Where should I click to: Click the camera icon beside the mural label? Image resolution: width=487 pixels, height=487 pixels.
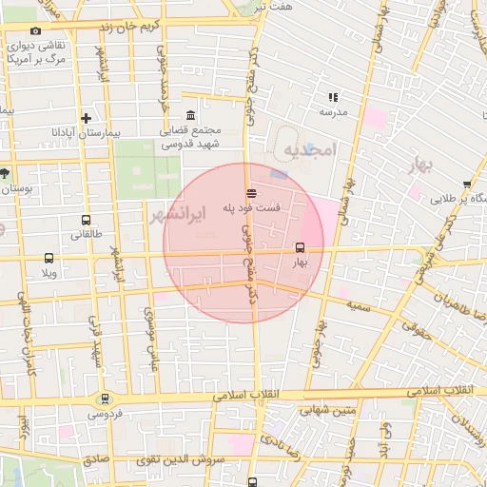click(x=36, y=31)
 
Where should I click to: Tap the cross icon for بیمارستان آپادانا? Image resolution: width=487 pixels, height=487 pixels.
click(x=87, y=119)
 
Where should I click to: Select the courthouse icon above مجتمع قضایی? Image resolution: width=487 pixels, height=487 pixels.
click(x=190, y=115)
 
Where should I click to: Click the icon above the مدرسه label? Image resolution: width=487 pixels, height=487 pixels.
click(x=333, y=97)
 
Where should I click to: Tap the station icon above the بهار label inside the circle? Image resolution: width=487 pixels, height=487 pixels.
click(x=301, y=247)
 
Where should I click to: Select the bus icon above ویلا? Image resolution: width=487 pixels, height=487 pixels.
click(x=49, y=258)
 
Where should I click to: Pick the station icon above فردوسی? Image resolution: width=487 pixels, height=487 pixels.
click(x=105, y=399)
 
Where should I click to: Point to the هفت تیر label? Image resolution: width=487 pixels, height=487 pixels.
click(x=276, y=7)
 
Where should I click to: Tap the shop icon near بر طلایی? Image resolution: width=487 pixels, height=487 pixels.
click(x=466, y=185)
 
